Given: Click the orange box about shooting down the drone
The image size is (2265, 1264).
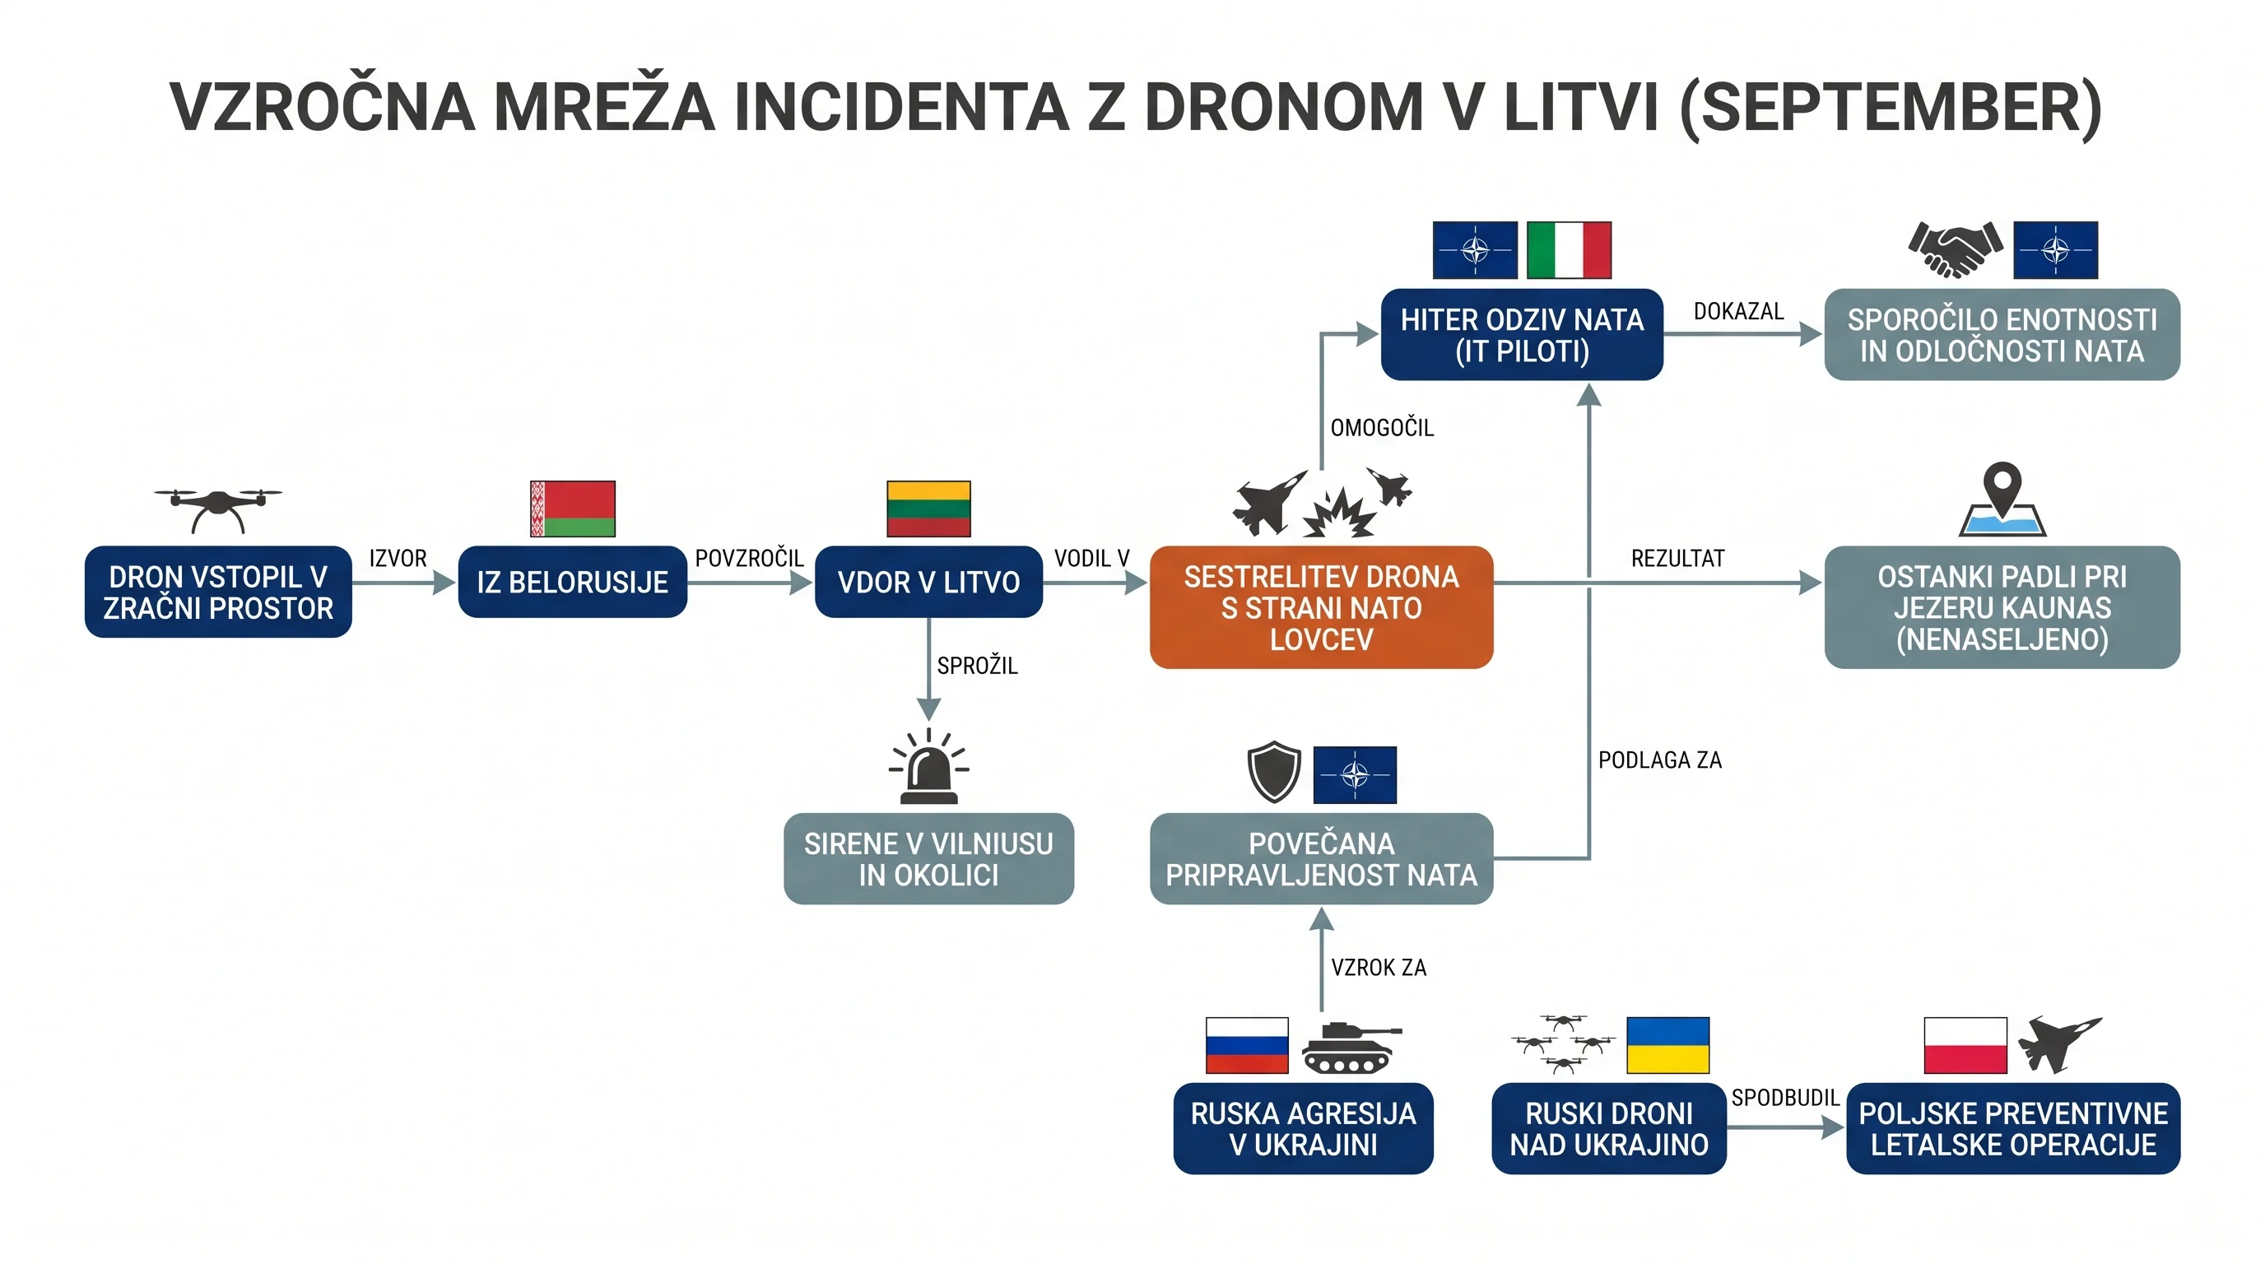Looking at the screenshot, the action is coord(1321,607).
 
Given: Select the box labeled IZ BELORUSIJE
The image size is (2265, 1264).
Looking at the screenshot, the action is coord(572,582).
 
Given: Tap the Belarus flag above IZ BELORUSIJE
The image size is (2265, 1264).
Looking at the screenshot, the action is coord(572,508).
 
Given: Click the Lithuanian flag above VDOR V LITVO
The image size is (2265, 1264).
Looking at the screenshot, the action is coord(928,508).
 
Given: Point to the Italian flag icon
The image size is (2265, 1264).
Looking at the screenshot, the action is coord(1569,249).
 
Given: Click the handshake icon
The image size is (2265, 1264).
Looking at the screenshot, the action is coord(1956,249).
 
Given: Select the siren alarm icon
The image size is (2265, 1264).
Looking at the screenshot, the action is coord(928,766).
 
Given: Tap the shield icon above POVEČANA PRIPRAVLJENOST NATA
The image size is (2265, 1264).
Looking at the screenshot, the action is coord(1274,772).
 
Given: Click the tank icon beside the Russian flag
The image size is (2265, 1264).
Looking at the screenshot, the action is coord(1351,1046).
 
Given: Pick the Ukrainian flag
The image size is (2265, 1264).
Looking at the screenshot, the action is coord(1668,1045).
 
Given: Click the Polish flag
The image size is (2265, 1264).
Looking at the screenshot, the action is coord(1965,1045).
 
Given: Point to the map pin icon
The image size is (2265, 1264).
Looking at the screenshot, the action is coord(2002,499).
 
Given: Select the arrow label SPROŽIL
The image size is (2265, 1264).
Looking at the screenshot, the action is coord(977,666).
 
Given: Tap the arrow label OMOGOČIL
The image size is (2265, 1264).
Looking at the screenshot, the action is coord(1381,428).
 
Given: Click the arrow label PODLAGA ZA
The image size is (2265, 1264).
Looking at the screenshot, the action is coord(1659,760).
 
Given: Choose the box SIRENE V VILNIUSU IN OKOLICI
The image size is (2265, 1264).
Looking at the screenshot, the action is coord(928,859).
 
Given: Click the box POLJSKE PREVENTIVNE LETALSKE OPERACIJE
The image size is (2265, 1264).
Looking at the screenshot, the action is coord(2012,1129).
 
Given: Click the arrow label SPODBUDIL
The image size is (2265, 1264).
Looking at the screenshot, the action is coord(1785,1098).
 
